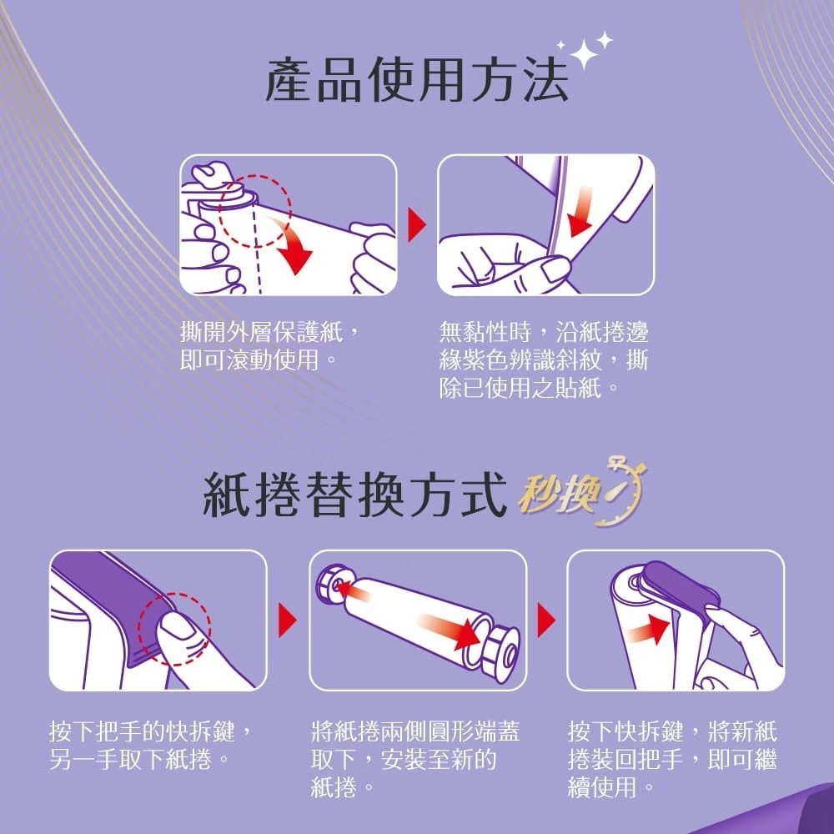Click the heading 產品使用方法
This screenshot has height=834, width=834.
tap(418, 81)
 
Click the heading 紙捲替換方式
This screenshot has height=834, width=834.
tap(354, 496)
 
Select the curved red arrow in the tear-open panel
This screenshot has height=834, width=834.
tap(290, 243)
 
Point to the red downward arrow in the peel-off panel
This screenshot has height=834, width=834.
tap(580, 212)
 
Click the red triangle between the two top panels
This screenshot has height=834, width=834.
tap(417, 224)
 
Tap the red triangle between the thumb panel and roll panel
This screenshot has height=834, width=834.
tap(287, 620)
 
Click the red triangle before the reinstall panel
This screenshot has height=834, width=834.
tap(545, 620)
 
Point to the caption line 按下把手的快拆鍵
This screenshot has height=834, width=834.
tap(143, 731)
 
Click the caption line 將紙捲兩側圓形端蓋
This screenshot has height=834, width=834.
tap(416, 731)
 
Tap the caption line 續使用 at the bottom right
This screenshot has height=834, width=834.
tap(602, 786)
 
